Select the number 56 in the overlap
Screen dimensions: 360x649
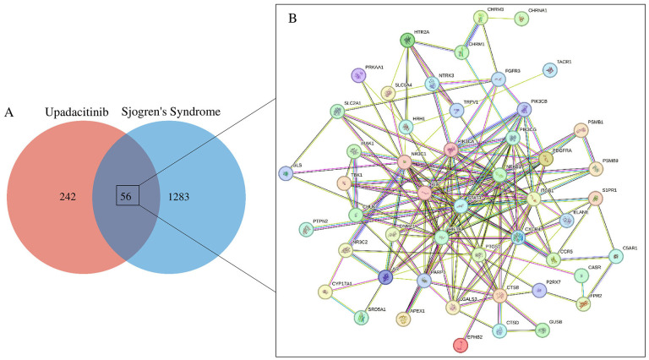click(x=125, y=196)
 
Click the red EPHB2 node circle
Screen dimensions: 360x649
click(x=461, y=345)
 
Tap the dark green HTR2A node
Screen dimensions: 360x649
click(x=408, y=41)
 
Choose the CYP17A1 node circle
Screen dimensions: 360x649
click(x=324, y=292)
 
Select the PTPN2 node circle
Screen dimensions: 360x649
click(x=306, y=229)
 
